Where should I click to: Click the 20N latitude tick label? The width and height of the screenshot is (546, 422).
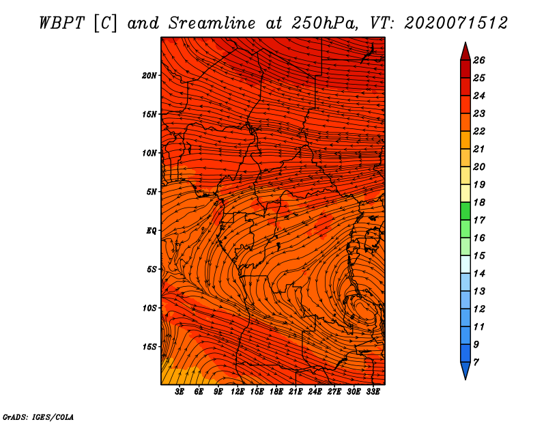pos(149,75)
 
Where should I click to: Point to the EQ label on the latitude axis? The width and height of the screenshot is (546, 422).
pos(151,231)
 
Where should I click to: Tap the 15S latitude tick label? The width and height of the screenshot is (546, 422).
pos(149,347)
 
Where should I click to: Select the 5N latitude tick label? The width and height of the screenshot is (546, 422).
pos(152,192)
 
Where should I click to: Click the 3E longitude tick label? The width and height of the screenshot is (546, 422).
pos(179,392)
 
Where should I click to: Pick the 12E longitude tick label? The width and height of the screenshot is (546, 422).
pos(237,392)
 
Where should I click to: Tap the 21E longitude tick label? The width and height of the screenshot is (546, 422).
pos(296,392)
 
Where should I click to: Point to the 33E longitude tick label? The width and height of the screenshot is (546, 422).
pos(373,392)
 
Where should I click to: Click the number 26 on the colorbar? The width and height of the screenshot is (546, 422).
pos(479,60)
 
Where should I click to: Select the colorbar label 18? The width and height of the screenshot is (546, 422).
pos(479,202)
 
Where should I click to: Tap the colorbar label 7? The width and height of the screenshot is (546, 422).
pos(476,363)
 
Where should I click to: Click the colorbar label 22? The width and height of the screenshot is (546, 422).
pos(479,131)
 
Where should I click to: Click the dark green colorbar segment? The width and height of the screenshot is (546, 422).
pos(465,211)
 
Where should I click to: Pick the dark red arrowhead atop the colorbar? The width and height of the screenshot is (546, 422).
pos(465,52)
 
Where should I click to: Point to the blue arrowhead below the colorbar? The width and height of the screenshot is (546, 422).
pos(465,371)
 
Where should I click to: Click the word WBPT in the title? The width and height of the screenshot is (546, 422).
pos(61,23)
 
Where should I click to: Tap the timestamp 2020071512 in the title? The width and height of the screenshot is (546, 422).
pos(456,23)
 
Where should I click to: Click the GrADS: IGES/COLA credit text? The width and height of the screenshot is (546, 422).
pos(38,417)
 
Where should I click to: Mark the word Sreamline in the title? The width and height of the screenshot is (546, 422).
pos(212,23)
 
